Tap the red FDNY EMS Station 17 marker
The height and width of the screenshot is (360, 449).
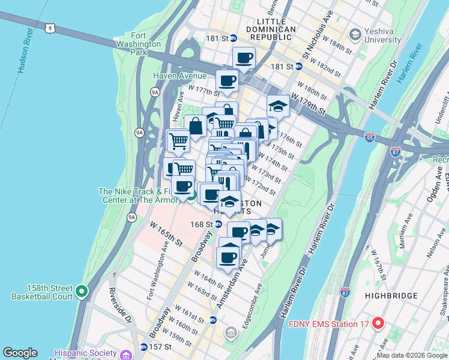click(378, 324)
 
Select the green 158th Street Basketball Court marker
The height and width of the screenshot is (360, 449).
click(82, 292)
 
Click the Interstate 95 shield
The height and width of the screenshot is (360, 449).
click(370, 139)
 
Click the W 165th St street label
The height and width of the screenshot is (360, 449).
click(166, 233)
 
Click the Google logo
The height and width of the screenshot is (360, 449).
click(20, 353)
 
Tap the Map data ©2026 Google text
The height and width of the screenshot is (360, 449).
click(412, 355)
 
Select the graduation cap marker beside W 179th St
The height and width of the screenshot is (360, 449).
click(278, 106)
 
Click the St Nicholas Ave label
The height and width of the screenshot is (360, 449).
click(318, 42)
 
